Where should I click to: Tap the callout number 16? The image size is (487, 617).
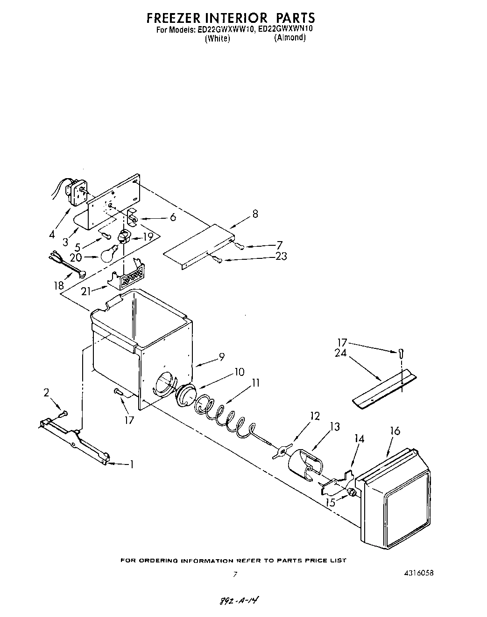click(x=395, y=430)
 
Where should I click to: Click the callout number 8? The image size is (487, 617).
click(x=255, y=214)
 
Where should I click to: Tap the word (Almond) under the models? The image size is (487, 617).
click(x=289, y=38)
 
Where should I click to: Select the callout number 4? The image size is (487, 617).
click(x=52, y=235)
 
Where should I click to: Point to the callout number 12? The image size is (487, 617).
click(x=315, y=416)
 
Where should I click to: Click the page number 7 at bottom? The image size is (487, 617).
click(x=235, y=575)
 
